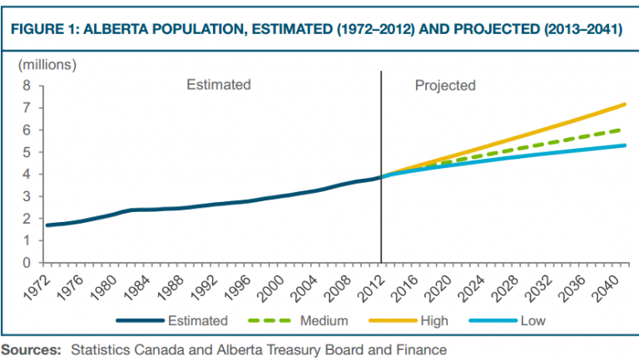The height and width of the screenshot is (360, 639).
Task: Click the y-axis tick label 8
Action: point(27,85)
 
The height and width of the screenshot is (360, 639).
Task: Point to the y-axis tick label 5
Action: point(27,152)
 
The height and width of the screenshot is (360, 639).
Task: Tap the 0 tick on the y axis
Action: point(27,263)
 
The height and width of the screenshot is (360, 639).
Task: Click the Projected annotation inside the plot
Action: point(445,85)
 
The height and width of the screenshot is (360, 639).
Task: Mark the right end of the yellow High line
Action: point(625,104)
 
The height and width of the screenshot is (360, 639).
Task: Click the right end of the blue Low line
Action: point(625,145)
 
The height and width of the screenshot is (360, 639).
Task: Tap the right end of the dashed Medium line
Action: point(625,129)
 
